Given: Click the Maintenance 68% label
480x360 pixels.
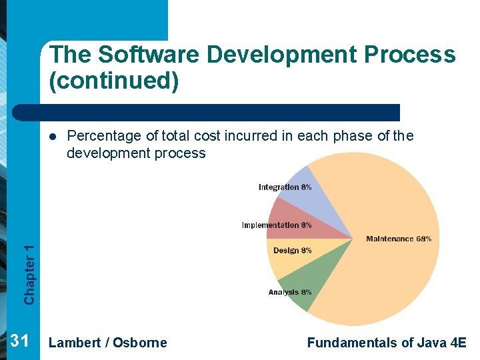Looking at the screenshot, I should coord(398,239).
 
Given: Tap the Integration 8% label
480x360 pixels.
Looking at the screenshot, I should coord(285,187).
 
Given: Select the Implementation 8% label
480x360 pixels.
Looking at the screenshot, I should coord(276,225).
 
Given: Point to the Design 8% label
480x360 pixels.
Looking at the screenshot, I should coord(292,251).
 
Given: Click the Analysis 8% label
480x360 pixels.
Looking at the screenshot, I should coord(289,292).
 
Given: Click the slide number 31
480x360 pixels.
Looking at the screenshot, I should coord(19,342).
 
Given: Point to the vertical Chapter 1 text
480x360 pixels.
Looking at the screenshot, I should coord(29,274).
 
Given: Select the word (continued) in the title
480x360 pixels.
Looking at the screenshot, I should coord(113,81).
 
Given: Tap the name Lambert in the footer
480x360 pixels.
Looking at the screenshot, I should coord(75,343).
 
